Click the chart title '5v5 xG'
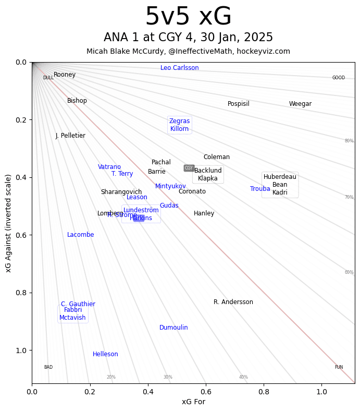pos(188,17)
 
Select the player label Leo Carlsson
pos(180,68)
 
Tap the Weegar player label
pos(300,104)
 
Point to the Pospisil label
pos(239,104)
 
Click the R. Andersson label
pos(233,302)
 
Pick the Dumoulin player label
pos(173,328)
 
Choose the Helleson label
pos(105,354)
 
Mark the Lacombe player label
pos(81,235)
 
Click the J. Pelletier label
pos(70,136)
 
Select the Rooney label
pos(65,75)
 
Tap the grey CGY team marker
pos(189,168)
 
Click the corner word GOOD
pos(339,78)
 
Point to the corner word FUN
pos(339,367)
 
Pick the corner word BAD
pos(48,367)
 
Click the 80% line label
pos(349,141)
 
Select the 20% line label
pos(111,377)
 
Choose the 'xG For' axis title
pos(193,402)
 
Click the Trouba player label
pos(260,189)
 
